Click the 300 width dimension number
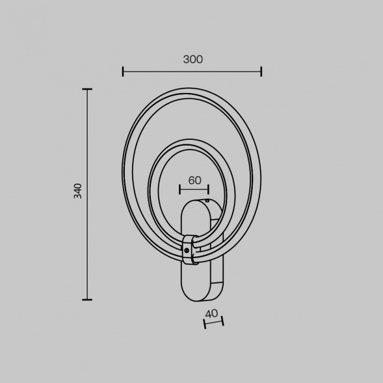(x=192, y=59)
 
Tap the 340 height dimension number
(x=78, y=191)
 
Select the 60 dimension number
(x=194, y=180)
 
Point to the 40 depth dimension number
(x=211, y=313)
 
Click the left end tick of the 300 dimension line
(x=123, y=72)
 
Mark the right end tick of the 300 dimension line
(x=261, y=72)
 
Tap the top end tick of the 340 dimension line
(x=87, y=89)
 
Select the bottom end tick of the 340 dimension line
(x=87, y=299)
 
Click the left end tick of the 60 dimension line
(x=179, y=189)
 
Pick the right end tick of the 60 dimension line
(x=209, y=189)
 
